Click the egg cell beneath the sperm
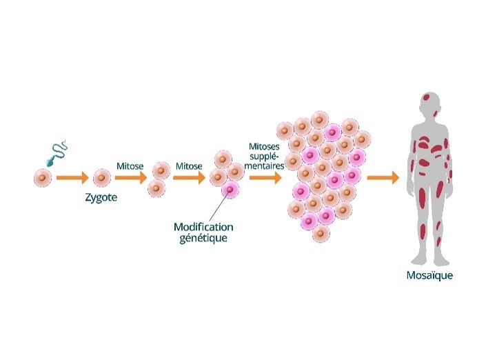[43, 178]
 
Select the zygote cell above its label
[101, 178]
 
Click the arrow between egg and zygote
[72, 178]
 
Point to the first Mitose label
[130, 166]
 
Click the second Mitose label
[189, 166]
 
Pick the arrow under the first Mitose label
[131, 178]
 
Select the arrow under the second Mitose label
[189, 178]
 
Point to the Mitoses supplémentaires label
[267, 156]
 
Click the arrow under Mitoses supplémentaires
[266, 178]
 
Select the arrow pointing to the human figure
[383, 178]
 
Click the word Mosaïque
[429, 277]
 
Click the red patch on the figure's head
[427, 97]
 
